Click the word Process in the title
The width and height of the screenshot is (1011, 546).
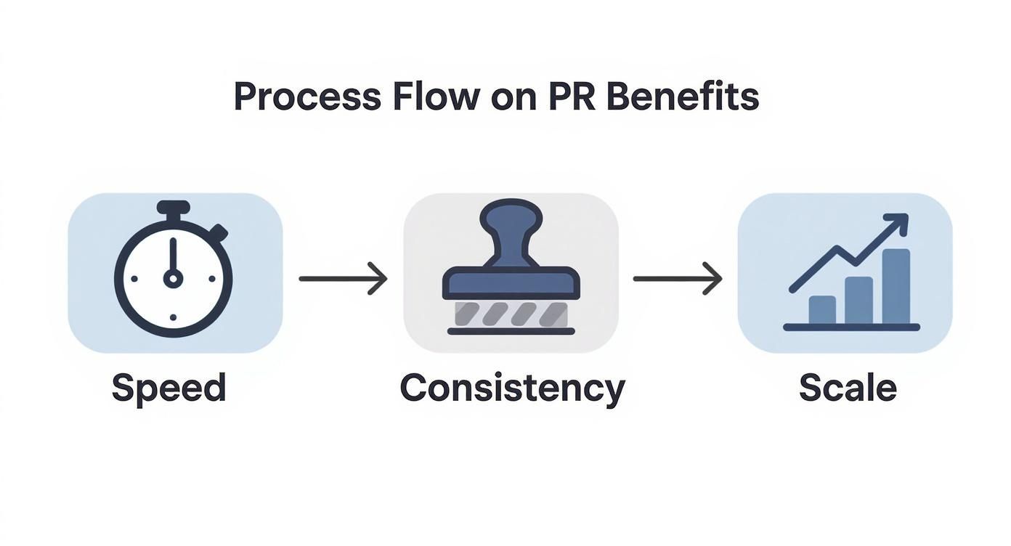pos(306,97)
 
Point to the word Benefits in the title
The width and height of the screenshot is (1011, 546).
pos(682,97)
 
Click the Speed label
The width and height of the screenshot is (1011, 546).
pos(168,388)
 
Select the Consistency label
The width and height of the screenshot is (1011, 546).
pos(512,388)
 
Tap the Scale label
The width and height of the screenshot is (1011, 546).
pos(848,388)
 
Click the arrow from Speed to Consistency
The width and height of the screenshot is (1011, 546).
pos(343,279)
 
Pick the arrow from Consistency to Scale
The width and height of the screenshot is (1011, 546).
pos(678,279)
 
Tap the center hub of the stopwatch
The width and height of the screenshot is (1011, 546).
pos(173,277)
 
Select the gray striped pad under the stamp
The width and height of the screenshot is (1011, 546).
pos(511,314)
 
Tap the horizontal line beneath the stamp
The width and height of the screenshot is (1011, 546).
pos(511,332)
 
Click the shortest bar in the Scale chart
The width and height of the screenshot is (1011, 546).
pos(822,309)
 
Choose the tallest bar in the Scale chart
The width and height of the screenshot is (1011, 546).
pos(896,286)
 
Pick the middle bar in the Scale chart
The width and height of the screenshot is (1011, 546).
pos(859,300)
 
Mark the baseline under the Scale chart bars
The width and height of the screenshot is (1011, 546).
pos(851,327)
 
